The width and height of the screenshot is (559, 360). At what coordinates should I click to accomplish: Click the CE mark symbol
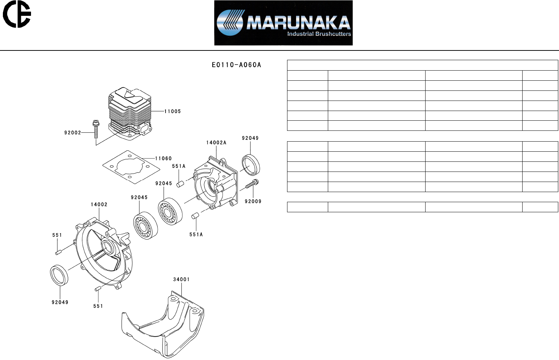(17, 14)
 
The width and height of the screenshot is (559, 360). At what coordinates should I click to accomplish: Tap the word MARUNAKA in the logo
(299, 22)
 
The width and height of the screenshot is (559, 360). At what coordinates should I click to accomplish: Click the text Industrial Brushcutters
(319, 34)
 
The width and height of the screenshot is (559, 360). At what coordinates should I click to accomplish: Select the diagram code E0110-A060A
(236, 65)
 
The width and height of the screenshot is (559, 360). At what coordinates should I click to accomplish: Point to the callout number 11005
(172, 111)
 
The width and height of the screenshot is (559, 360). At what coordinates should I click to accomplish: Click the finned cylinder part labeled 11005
(130, 114)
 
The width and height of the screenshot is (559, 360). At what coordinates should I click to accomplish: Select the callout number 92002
(72, 133)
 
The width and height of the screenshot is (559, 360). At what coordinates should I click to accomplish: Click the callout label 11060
(163, 158)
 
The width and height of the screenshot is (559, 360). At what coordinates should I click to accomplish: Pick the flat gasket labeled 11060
(131, 167)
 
